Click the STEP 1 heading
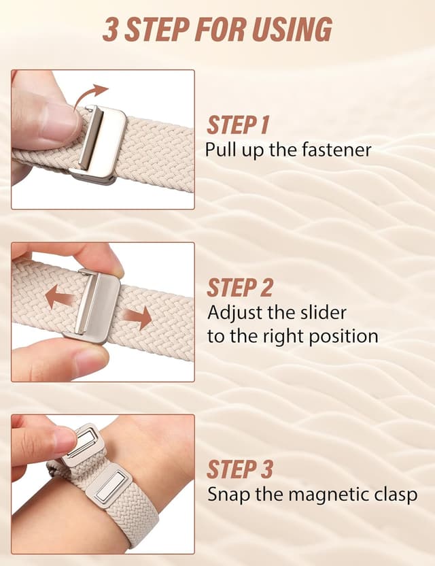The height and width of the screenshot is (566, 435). click(238, 125)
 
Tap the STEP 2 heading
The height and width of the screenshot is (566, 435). click(240, 288)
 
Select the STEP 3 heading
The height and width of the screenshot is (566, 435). click(240, 469)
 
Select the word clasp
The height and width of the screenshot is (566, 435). click(393, 494)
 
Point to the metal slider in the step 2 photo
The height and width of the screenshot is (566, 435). click(94, 305)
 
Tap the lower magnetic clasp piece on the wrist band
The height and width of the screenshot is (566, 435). click(108, 486)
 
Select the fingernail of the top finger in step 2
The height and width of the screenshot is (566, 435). click(111, 261)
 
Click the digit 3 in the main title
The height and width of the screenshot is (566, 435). click(109, 29)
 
